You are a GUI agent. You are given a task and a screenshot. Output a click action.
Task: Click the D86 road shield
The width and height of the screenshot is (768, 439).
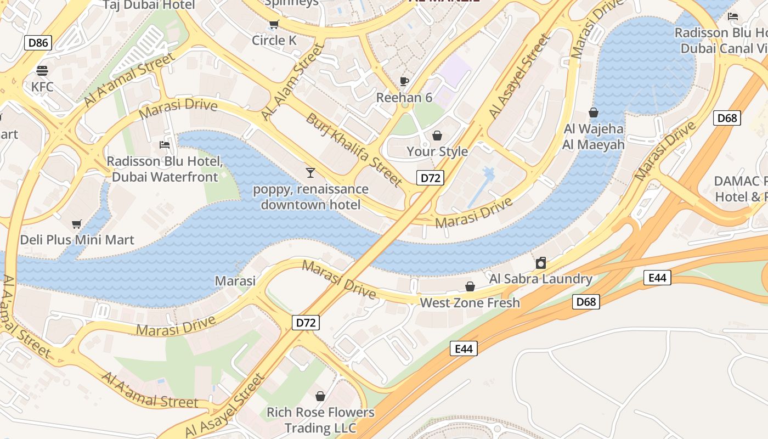coord(38,42)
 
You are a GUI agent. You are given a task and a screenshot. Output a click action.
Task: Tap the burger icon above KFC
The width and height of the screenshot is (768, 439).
coord(42,70)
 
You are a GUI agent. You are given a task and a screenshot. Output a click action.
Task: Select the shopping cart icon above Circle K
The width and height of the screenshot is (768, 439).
coord(274,24)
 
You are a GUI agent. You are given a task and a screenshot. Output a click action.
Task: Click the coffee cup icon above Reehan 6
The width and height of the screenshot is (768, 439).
coord(404,82)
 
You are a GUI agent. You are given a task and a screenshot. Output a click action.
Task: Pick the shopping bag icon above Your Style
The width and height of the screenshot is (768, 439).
coord(437,135)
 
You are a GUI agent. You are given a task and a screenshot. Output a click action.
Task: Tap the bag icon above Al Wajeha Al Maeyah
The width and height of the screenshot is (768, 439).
coord(593,112)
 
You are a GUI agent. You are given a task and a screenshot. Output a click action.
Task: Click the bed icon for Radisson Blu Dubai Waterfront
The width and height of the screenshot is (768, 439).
coord(164,145)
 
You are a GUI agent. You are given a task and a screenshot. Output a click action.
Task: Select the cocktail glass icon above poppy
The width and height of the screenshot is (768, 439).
coord(310,173)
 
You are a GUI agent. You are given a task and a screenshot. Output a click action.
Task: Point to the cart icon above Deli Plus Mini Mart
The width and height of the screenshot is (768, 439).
coord(77,224)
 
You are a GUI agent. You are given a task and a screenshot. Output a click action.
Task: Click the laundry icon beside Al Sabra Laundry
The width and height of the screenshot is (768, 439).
coord(541,263)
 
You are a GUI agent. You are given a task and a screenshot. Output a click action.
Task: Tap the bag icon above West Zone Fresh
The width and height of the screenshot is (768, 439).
coord(470,286)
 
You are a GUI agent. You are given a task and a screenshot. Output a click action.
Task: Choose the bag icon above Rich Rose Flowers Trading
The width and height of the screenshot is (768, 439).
coord(320,396)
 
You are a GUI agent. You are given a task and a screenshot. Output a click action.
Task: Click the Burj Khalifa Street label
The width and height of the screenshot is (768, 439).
coord(354,149)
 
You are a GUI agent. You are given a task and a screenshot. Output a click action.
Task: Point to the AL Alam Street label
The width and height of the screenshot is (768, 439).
coord(292,82)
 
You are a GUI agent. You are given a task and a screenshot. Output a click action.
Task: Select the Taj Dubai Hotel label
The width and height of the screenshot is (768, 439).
coord(149,5)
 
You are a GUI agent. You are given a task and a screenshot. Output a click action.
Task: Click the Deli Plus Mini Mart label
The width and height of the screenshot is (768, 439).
coord(77,240)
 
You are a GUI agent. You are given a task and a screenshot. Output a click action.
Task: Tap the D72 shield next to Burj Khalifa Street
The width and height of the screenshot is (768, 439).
coord(430,178)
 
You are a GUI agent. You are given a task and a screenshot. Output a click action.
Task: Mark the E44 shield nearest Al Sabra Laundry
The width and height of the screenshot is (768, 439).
coord(657,278)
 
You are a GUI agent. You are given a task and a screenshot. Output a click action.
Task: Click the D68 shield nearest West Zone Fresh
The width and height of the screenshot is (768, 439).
coord(586,302)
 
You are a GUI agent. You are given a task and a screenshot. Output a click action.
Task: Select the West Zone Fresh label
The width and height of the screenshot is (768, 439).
coord(470,303)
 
